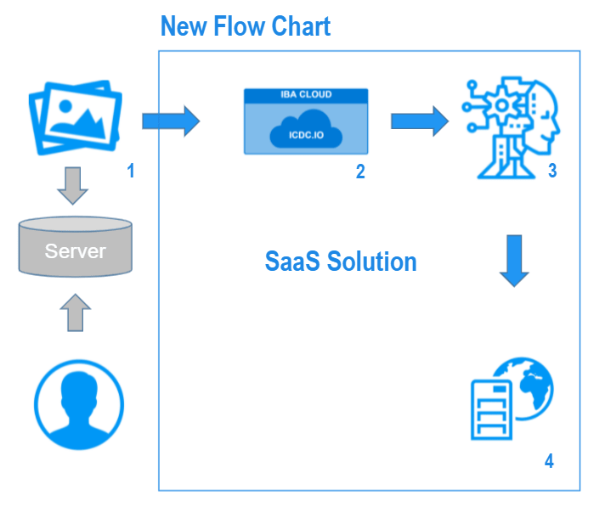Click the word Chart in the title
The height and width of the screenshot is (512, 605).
(301, 26)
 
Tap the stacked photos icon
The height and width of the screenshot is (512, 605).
(76, 117)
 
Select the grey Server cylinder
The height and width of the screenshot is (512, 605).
(76, 247)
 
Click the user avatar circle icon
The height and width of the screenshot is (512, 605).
(79, 405)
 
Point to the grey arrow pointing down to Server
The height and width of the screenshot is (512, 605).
(72, 185)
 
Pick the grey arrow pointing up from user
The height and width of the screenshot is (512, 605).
(76, 312)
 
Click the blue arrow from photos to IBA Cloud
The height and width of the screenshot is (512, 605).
(171, 121)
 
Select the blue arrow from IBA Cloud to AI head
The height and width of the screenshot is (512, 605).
(420, 121)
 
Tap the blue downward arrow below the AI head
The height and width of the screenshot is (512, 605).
(514, 261)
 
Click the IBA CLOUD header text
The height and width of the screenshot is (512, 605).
(306, 94)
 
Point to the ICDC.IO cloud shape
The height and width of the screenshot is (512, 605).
(306, 129)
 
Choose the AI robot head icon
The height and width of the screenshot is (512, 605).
(512, 127)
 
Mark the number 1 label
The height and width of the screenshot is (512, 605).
(131, 171)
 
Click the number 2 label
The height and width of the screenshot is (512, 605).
(360, 172)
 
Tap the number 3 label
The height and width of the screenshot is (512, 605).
(552, 171)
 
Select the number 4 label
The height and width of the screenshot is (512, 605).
(549, 461)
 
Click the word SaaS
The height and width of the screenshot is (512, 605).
(292, 262)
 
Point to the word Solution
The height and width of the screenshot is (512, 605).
(372, 262)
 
